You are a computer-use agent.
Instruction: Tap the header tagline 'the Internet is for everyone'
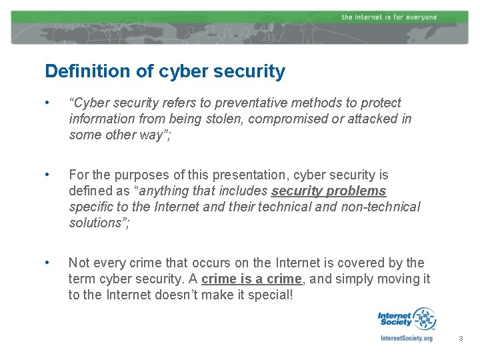pos(389,17)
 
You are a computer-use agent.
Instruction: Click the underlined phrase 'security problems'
pos(329,191)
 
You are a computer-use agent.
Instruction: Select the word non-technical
pos(381,207)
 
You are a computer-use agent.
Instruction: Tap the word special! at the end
pos(269,295)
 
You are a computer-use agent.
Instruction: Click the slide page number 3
pos(460,339)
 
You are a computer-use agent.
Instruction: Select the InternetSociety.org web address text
pos(406,338)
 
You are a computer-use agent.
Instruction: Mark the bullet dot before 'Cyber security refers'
pos(46,103)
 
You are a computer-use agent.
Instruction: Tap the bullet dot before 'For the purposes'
pos(46,175)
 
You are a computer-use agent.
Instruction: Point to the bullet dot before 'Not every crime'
pos(46,263)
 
